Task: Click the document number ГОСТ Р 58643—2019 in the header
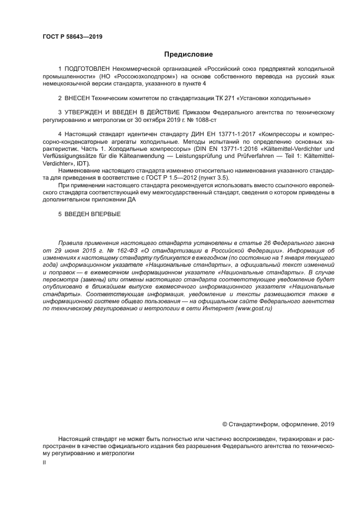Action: click(x=72, y=37)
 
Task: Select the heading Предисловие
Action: click(x=188, y=54)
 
